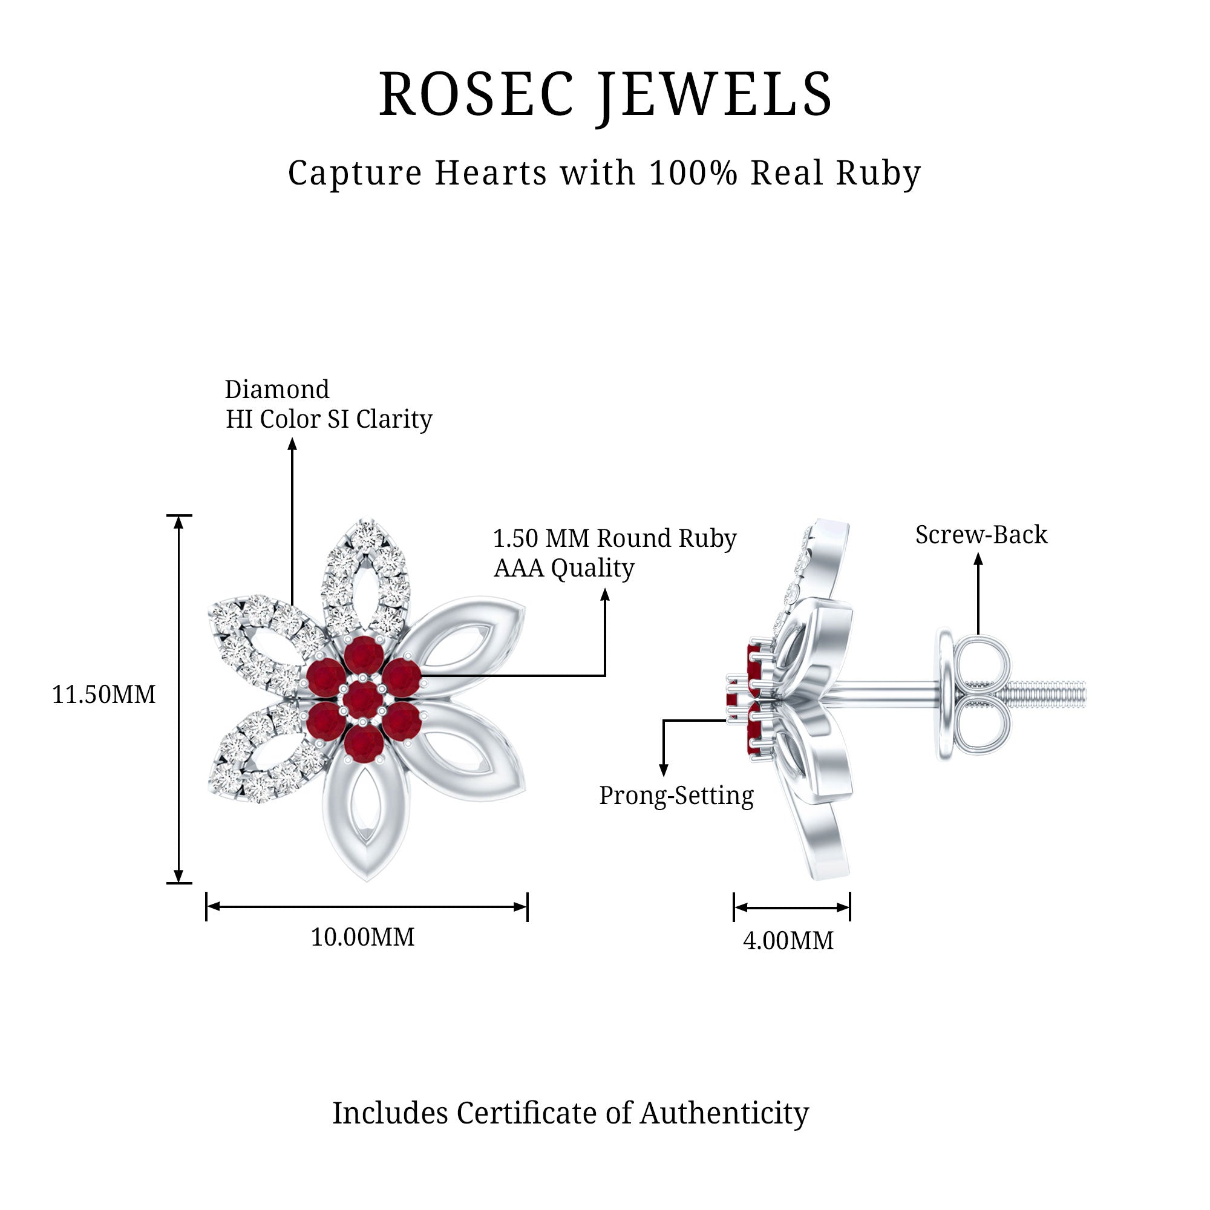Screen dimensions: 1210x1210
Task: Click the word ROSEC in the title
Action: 476,94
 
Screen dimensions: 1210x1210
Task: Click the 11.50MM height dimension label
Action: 104,695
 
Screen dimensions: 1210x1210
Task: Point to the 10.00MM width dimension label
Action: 362,938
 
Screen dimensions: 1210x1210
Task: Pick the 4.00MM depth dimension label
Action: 788,941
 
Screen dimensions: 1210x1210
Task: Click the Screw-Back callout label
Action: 981,535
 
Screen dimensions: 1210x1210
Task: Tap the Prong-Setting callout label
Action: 676,796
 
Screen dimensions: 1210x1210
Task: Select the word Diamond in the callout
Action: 277,390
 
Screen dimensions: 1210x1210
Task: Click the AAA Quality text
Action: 564,568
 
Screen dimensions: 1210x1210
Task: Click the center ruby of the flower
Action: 363,698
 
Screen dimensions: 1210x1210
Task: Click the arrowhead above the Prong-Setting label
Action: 664,770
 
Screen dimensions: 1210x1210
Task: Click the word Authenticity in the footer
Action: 724,1113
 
